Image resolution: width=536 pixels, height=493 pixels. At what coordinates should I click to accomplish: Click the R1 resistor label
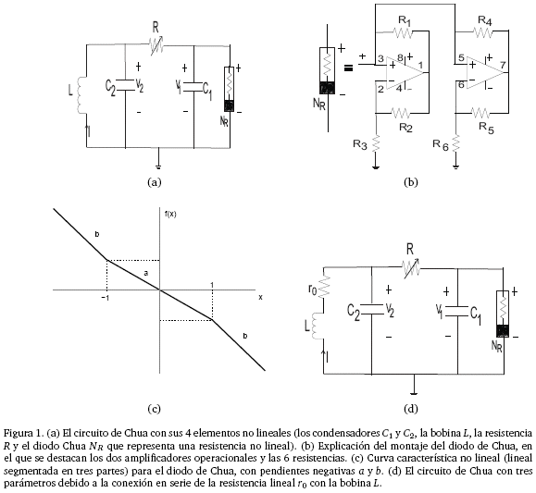point(405,21)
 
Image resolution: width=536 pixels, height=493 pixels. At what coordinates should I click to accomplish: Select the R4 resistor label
point(485,20)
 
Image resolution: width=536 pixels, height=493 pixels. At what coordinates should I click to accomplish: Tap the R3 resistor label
point(360,144)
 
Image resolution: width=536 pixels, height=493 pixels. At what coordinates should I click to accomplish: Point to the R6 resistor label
point(441,145)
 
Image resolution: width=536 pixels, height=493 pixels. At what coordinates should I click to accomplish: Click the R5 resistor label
point(486,128)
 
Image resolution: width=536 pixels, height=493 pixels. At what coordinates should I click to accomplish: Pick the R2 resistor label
point(405,128)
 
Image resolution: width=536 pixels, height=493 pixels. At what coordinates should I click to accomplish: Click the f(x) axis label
point(170,215)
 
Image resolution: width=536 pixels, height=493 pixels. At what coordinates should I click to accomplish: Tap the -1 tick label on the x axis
point(106,298)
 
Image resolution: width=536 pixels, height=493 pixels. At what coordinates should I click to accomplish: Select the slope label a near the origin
point(146,273)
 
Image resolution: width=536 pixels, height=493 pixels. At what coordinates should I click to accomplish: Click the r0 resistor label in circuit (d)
point(313,290)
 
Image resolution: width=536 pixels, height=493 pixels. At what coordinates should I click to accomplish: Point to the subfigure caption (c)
point(154,409)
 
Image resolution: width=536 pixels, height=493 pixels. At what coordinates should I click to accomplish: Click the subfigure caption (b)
point(410,182)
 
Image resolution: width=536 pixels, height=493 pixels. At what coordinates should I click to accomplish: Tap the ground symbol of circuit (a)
point(158,165)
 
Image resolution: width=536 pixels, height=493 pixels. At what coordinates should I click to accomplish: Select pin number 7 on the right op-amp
point(503,65)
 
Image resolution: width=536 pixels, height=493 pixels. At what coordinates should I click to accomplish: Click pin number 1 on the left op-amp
point(421,65)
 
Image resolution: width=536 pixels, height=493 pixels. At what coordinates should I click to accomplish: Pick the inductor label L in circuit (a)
point(70,91)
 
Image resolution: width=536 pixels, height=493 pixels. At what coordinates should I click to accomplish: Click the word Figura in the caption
point(18,434)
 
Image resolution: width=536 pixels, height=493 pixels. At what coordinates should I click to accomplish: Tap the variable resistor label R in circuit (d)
point(410,250)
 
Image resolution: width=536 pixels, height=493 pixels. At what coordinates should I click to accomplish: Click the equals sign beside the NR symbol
point(348,68)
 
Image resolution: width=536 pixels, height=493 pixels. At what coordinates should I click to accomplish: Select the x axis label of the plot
point(260,297)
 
